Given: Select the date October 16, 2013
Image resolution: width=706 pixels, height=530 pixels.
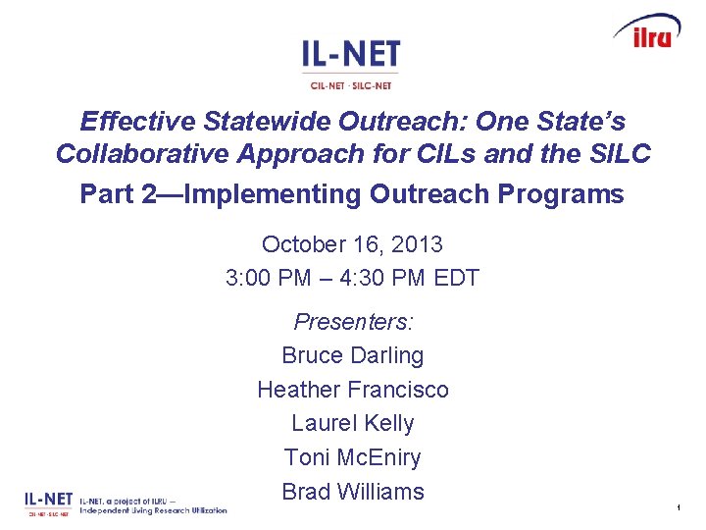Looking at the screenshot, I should (352, 244).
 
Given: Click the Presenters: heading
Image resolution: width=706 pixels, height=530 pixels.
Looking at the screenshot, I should (353, 322).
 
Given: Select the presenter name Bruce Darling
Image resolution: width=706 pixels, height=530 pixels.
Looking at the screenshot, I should (353, 355).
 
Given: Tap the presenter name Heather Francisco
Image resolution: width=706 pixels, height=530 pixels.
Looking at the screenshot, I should (353, 390).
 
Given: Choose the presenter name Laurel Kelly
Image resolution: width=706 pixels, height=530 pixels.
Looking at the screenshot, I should (353, 423).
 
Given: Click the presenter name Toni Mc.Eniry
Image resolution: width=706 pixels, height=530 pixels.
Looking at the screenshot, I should (353, 457).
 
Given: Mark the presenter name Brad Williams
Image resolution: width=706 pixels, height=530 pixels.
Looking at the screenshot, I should (353, 492).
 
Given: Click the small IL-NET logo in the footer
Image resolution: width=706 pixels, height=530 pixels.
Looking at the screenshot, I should (48, 503).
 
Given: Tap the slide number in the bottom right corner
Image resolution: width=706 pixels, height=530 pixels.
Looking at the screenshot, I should (678, 507).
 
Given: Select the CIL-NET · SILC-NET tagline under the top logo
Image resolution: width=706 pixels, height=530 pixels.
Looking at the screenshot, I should (351, 84).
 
